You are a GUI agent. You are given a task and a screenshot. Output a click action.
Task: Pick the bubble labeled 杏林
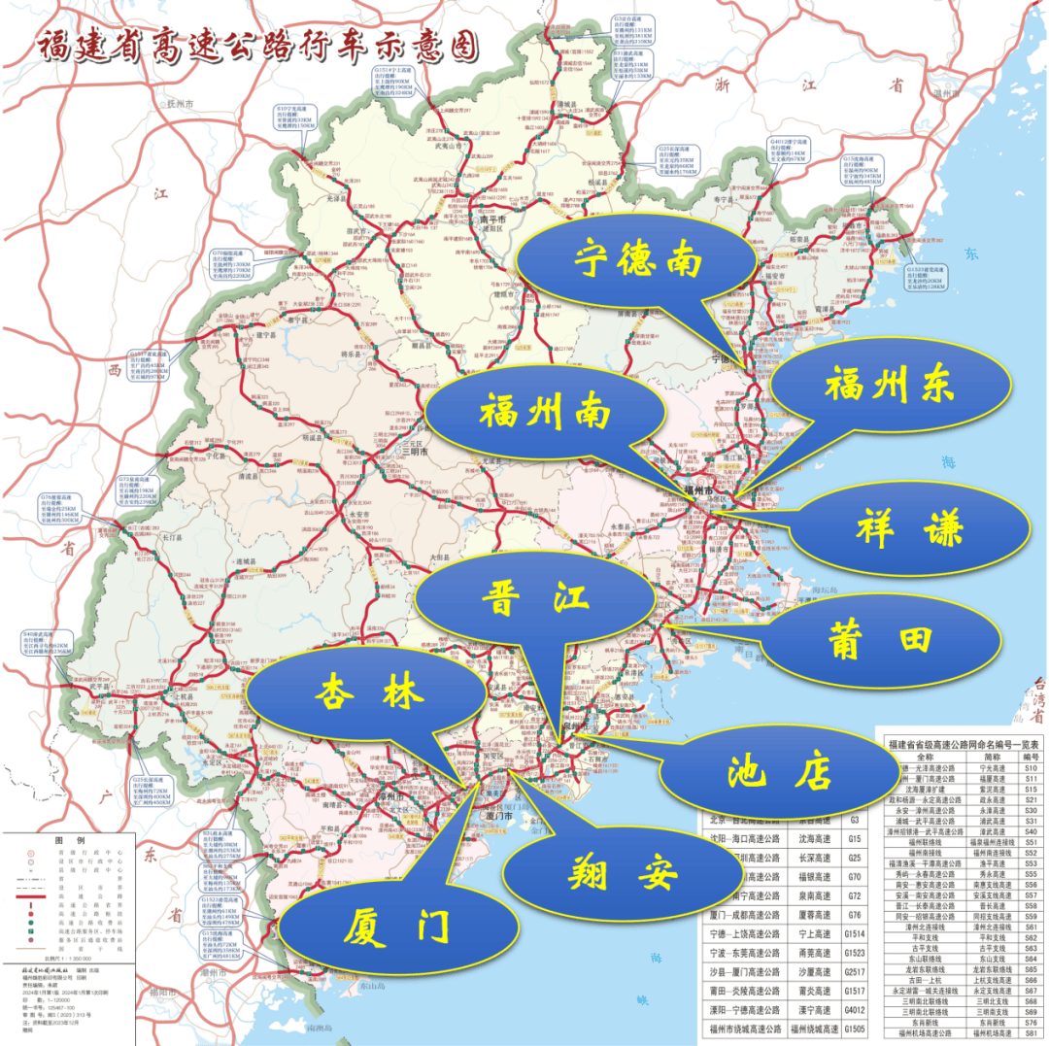coord(366,692)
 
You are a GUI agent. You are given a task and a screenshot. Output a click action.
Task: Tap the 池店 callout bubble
coord(780,772)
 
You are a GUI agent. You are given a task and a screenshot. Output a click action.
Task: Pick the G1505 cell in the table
coord(855,1029)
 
